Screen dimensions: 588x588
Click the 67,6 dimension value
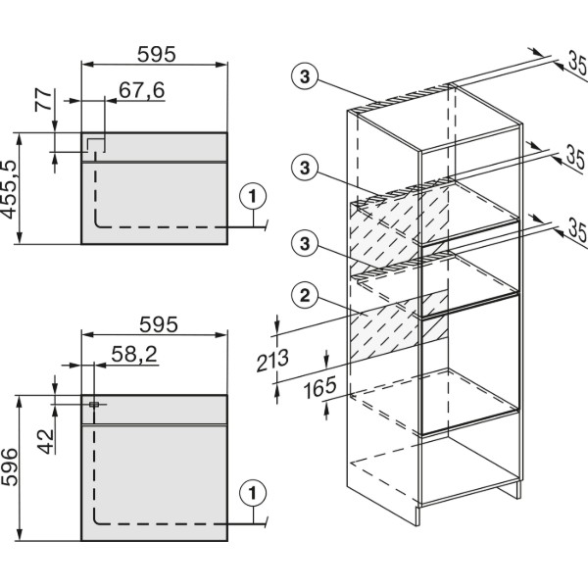[x=142, y=90]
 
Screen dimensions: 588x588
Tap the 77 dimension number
[x=44, y=100]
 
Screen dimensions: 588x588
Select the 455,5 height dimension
[x=9, y=190]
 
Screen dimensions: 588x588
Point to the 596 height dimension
[x=9, y=466]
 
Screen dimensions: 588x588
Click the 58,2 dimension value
[x=134, y=354]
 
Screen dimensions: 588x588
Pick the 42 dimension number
[x=46, y=442]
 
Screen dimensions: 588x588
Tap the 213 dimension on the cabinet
[x=272, y=361]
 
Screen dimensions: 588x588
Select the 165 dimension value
[x=319, y=388]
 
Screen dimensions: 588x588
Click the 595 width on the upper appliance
[x=156, y=54]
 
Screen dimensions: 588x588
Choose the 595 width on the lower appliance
[x=158, y=324]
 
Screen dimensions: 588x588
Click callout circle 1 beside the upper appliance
[x=253, y=197]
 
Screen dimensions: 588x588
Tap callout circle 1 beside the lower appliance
[x=253, y=493]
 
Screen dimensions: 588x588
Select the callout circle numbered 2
[x=305, y=296]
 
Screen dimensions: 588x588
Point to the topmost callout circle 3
[x=305, y=76]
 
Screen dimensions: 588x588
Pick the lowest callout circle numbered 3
[x=305, y=243]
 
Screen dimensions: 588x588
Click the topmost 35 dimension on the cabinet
[x=577, y=63]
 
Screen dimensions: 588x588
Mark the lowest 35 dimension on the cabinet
[x=577, y=230]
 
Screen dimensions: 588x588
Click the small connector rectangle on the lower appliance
[x=94, y=404]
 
